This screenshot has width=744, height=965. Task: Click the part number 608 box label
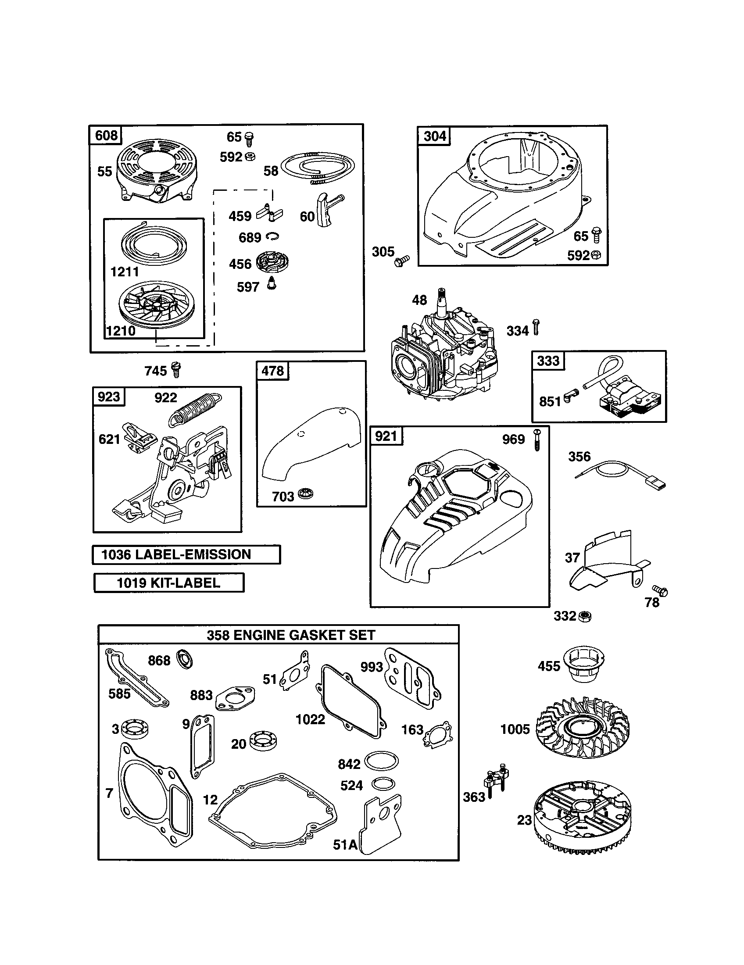tap(107, 135)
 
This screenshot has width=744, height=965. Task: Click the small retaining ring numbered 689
tap(273, 237)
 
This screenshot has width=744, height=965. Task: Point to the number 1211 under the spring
tap(125, 272)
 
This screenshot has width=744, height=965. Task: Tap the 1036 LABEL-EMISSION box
tap(186, 554)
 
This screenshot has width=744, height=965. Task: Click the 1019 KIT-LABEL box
tap(169, 583)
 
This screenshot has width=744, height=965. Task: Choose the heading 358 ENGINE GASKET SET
tap(291, 635)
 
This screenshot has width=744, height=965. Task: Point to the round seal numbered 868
tap(184, 660)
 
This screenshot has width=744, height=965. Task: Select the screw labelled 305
tap(402, 260)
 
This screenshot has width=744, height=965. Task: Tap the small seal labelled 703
tap(305, 494)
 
